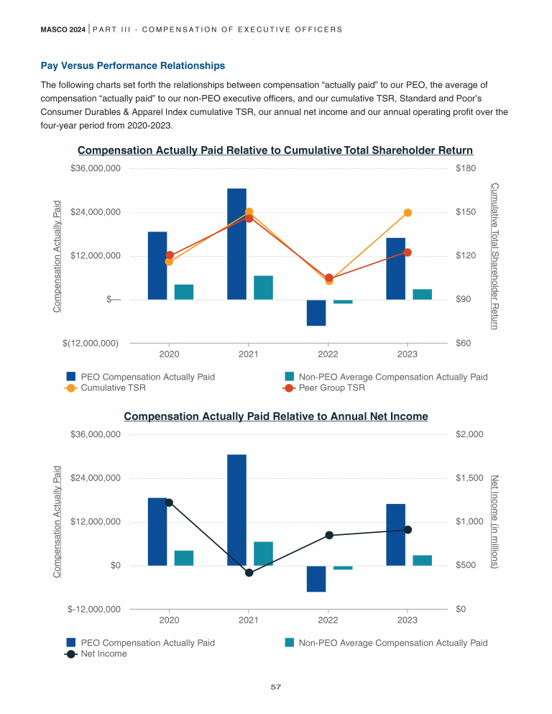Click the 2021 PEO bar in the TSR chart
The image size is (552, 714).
[x=236, y=244]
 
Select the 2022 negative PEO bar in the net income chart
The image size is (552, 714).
[x=316, y=579]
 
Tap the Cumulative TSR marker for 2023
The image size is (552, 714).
[x=408, y=213]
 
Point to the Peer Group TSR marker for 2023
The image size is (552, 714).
[x=408, y=252]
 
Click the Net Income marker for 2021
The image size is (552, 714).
[x=249, y=572]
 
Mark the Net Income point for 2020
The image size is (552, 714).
[x=169, y=503]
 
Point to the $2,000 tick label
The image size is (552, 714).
[x=469, y=434]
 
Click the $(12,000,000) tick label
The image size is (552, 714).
[x=91, y=343]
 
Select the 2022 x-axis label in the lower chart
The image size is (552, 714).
[x=328, y=620]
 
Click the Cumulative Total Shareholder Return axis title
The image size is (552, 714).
[x=494, y=255]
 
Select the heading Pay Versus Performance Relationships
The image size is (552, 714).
[x=133, y=66]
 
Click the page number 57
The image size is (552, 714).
[x=275, y=687]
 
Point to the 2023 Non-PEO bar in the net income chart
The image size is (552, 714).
[x=422, y=560]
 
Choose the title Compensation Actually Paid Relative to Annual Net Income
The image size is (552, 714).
[x=276, y=416]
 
